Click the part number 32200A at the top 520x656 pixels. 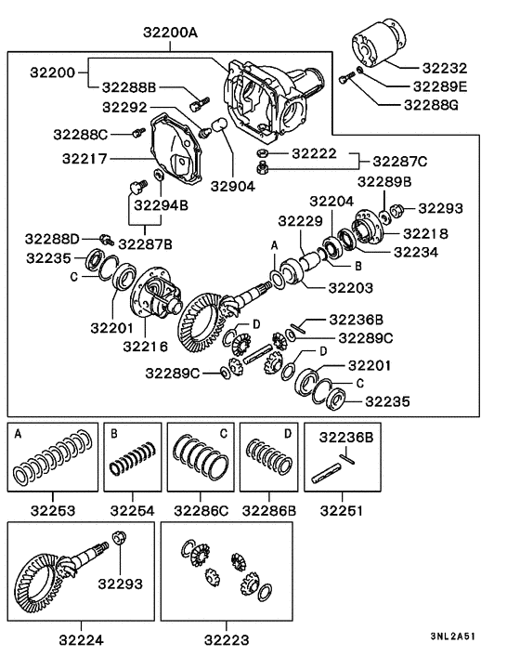pos(171,33)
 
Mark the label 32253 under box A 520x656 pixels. pos(53,510)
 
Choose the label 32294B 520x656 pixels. pos(161,204)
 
